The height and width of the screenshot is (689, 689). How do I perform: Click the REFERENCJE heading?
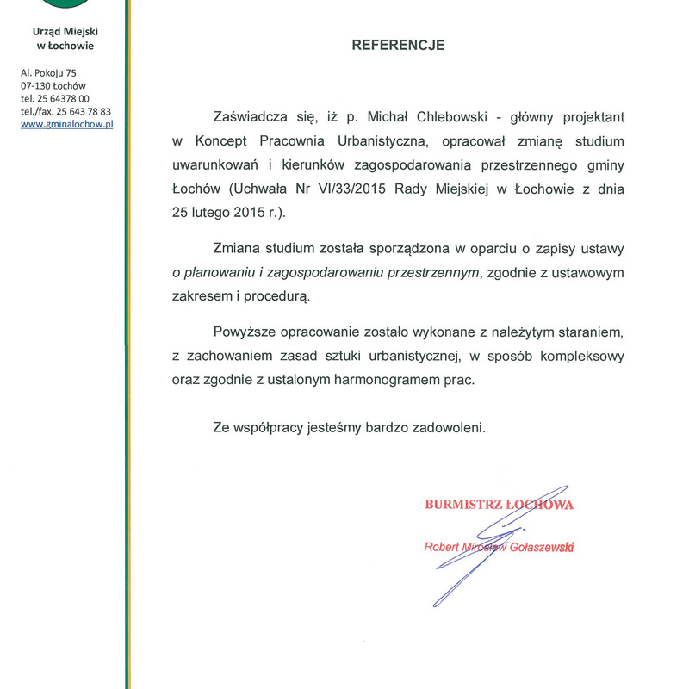pyautogui.click(x=398, y=46)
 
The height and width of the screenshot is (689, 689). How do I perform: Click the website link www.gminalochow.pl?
pyautogui.click(x=67, y=124)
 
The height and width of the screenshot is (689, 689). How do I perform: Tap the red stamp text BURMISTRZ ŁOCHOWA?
pyautogui.click(x=500, y=505)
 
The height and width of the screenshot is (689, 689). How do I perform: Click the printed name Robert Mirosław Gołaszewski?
pyautogui.click(x=500, y=547)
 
